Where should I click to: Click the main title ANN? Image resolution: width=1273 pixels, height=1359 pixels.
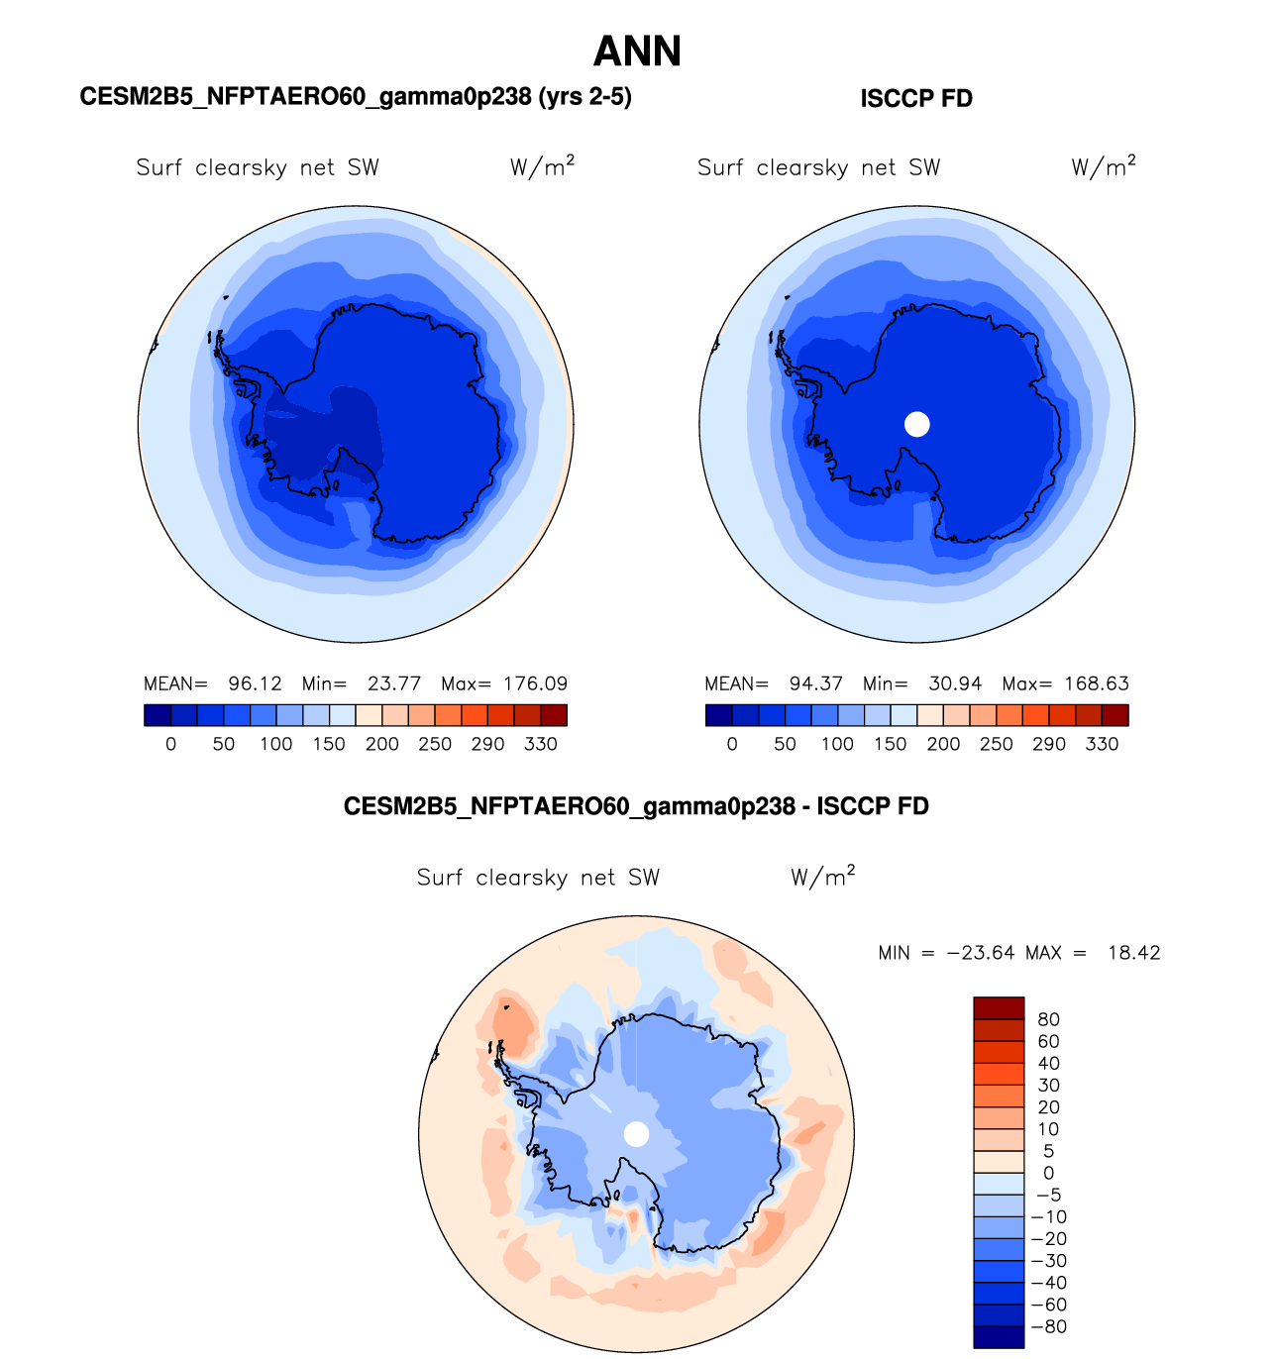[637, 52]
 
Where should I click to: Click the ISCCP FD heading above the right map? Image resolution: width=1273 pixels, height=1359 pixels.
[915, 99]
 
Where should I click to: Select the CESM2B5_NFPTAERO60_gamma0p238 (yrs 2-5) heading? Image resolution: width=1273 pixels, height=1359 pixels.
[356, 97]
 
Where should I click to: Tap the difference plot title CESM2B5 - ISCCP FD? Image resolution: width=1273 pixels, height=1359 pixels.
[636, 806]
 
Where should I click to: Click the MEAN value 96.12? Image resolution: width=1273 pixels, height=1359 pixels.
[255, 683]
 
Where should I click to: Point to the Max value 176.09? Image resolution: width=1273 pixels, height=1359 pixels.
[535, 683]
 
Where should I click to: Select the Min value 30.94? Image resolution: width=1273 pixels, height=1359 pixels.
[955, 683]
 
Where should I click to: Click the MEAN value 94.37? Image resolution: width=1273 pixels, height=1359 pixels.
[815, 683]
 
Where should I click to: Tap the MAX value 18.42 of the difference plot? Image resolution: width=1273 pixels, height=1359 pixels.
[1133, 953]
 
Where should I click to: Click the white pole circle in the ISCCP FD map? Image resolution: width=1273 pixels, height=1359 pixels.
[917, 424]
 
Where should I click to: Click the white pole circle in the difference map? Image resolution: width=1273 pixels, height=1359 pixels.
[637, 1134]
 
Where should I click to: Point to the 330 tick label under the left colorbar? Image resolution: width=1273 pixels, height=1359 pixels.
[541, 744]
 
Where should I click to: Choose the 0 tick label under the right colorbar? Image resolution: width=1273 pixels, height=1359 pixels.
[732, 744]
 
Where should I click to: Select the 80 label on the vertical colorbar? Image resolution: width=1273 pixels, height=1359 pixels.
[1048, 1019]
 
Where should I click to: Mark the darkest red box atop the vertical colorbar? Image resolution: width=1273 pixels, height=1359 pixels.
[999, 1008]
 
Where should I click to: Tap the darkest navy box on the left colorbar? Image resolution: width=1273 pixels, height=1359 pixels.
[158, 715]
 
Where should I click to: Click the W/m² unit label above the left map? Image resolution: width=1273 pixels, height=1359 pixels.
[542, 166]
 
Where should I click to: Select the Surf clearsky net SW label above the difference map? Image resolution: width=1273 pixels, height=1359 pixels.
[538, 878]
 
